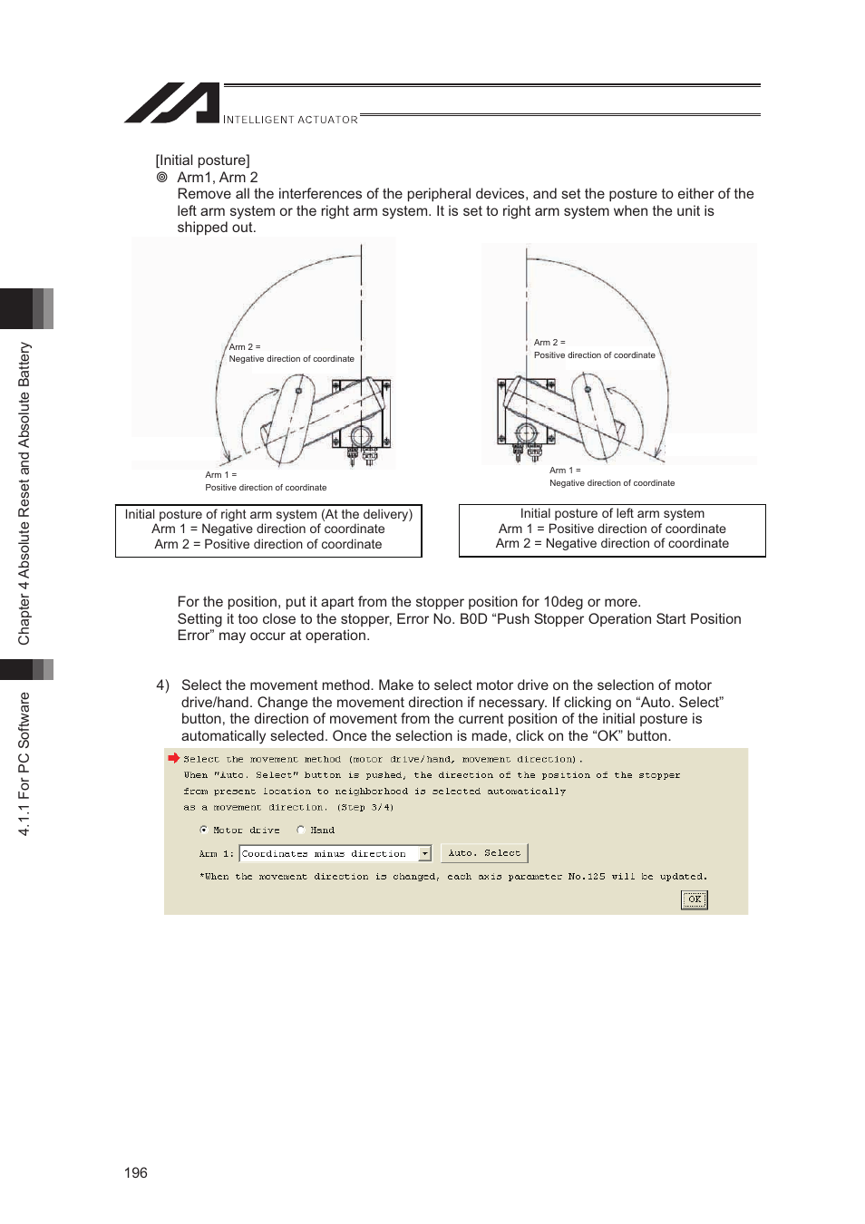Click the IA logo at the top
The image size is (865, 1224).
coord(172,102)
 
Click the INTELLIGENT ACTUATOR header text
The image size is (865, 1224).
coord(290,120)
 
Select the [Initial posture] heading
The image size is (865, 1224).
coord(202,160)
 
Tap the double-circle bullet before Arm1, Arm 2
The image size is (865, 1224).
coord(162,178)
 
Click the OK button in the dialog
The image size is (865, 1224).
coord(694,899)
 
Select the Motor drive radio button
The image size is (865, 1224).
coord(204,830)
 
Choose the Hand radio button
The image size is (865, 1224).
coord(301,830)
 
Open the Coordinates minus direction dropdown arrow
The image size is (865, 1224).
coord(424,854)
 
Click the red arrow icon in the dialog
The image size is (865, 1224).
coord(173,758)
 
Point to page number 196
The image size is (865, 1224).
coord(136,1172)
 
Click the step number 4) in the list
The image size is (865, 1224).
coord(162,685)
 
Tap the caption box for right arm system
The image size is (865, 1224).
coord(268,529)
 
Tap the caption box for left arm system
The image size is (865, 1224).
coord(612,529)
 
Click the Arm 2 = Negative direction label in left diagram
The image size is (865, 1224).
coord(291,353)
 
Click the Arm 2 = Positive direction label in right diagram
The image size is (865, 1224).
coord(594,349)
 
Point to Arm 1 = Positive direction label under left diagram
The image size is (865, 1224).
coord(265,481)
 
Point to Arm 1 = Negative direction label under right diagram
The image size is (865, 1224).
coord(611,477)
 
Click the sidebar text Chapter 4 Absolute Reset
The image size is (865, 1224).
coord(24,493)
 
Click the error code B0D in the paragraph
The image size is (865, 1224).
coord(473,619)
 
